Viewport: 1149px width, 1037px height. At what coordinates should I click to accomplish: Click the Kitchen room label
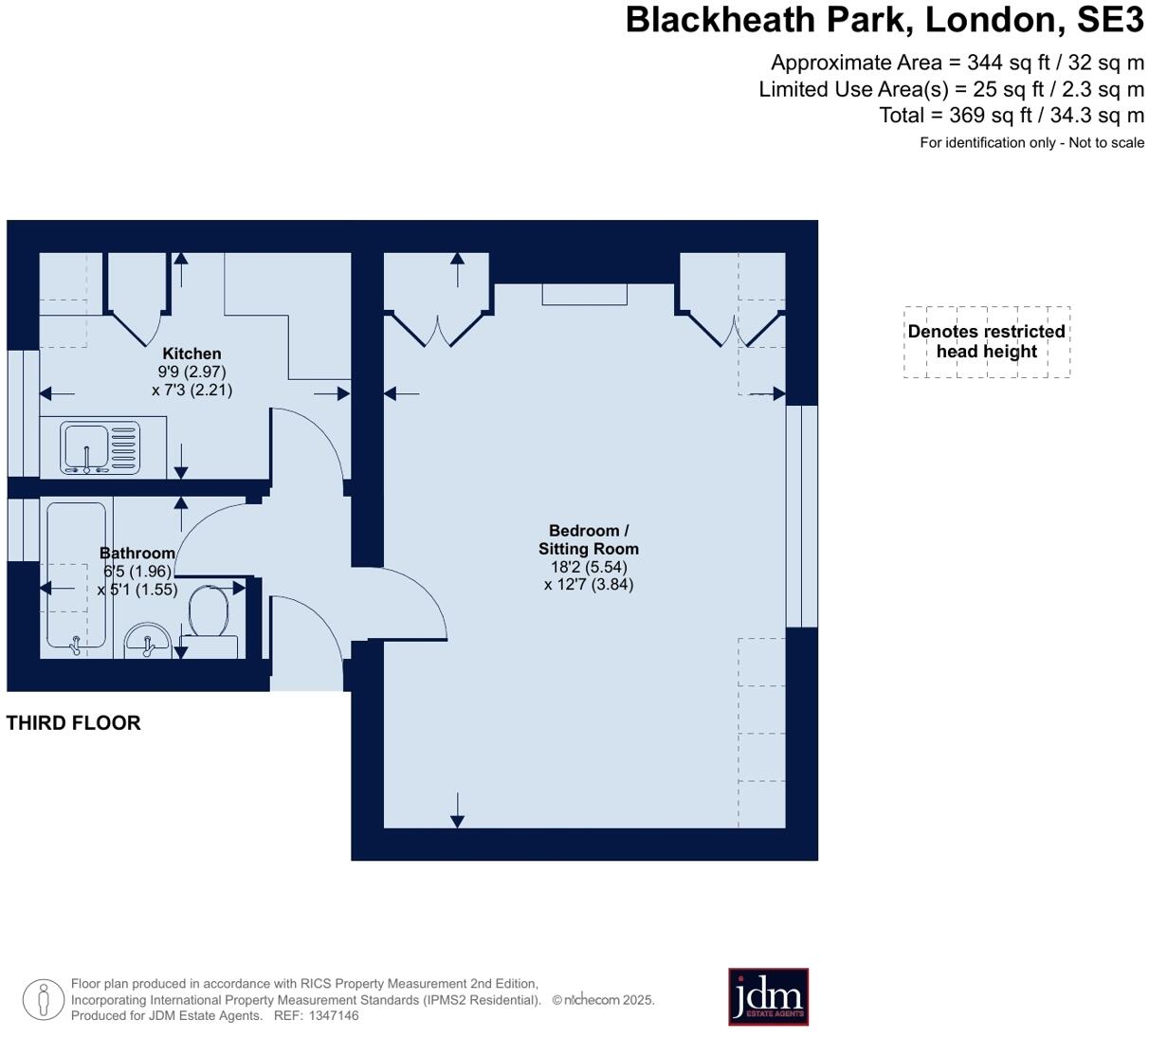click(x=191, y=354)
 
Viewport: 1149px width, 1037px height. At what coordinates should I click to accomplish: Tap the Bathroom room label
click(x=137, y=554)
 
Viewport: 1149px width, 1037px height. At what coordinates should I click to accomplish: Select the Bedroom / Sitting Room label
click(x=589, y=539)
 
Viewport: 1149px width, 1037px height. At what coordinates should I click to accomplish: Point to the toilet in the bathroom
click(x=208, y=611)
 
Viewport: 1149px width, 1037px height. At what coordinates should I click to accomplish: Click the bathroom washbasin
click(x=147, y=640)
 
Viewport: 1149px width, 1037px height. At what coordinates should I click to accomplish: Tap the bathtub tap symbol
click(x=75, y=646)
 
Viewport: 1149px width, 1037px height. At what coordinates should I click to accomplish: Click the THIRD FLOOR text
click(x=73, y=723)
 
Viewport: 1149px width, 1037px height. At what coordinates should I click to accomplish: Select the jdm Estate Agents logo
click(x=768, y=996)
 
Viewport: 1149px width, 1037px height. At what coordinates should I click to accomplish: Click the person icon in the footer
click(x=43, y=999)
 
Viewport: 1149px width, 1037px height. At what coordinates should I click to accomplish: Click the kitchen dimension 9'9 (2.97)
click(x=191, y=372)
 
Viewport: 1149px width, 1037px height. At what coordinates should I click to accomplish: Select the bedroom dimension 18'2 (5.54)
click(x=589, y=567)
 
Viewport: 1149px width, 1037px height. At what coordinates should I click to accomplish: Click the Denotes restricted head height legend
click(x=986, y=341)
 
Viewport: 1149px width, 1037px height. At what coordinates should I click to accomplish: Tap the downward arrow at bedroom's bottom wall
click(x=457, y=810)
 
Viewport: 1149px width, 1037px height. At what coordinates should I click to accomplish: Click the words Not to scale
click(x=1106, y=143)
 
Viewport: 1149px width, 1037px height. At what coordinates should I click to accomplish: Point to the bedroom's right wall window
click(x=802, y=517)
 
